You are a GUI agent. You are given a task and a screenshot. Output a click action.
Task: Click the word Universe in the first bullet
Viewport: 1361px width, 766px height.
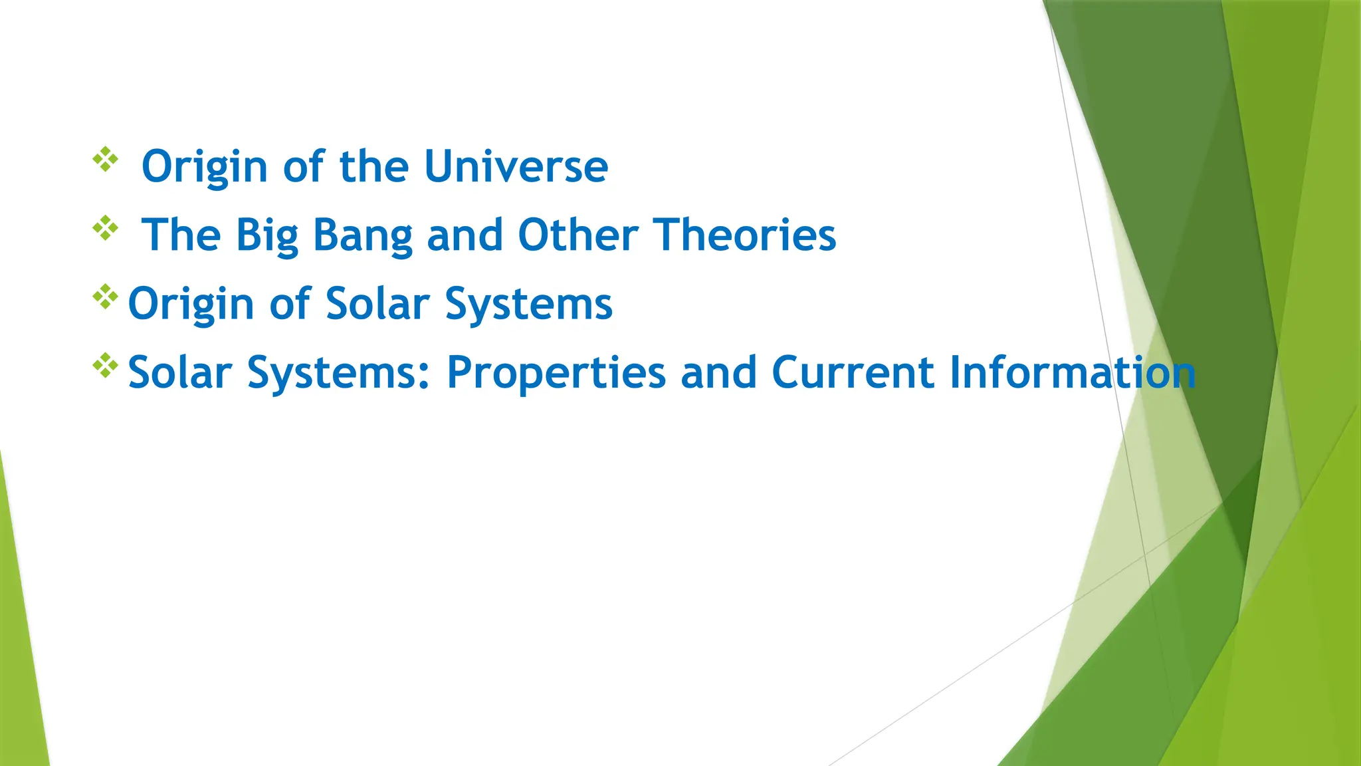[x=516, y=166]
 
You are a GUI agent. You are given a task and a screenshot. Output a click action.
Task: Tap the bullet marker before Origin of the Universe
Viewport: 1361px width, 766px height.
[x=105, y=160]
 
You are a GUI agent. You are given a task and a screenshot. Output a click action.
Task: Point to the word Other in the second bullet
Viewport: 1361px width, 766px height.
[x=577, y=235]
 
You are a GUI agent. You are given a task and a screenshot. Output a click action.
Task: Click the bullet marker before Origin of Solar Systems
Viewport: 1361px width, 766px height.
[x=105, y=297]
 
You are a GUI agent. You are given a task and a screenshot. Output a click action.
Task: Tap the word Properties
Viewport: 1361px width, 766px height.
[x=556, y=373]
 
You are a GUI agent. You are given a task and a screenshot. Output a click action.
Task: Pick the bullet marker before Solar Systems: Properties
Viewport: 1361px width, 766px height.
[x=105, y=366]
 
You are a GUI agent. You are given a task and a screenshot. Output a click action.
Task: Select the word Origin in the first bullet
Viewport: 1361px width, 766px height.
[x=205, y=168]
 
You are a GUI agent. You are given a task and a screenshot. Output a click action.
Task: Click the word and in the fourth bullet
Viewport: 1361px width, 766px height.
[x=718, y=372]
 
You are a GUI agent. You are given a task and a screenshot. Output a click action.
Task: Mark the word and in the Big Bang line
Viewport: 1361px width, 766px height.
[x=465, y=235]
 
